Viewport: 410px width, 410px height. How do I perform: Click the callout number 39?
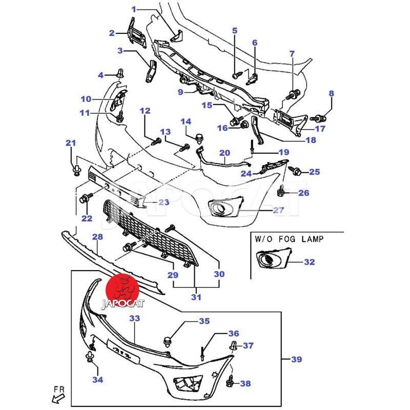(x=296, y=360)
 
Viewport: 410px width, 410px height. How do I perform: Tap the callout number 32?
(x=309, y=262)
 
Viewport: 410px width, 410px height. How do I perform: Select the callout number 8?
(x=331, y=94)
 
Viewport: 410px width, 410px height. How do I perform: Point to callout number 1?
(x=134, y=9)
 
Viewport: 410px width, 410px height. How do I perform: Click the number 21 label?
(x=71, y=143)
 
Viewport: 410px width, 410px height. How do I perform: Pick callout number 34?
(x=97, y=380)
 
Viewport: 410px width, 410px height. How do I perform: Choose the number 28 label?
(x=97, y=237)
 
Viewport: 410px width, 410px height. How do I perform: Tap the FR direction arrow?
(x=60, y=395)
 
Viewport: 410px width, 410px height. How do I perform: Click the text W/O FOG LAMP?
(x=290, y=238)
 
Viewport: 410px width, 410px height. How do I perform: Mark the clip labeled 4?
(x=120, y=74)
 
